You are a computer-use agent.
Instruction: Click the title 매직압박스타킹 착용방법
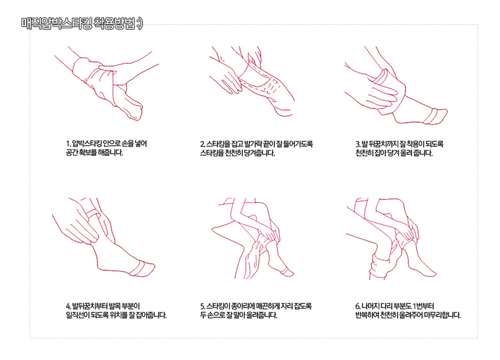tap(78, 24)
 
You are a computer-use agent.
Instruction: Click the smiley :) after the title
tap(140, 24)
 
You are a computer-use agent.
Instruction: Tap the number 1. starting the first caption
tap(68, 144)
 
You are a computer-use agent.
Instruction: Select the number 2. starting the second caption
tap(202, 144)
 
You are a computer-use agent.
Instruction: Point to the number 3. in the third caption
tap(358, 144)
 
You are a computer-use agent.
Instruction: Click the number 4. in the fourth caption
tap(68, 306)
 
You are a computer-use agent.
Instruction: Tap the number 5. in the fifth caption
tap(202, 306)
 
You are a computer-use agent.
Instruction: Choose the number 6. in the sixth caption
tap(358, 306)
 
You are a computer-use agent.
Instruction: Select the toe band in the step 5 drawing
tap(288, 272)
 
